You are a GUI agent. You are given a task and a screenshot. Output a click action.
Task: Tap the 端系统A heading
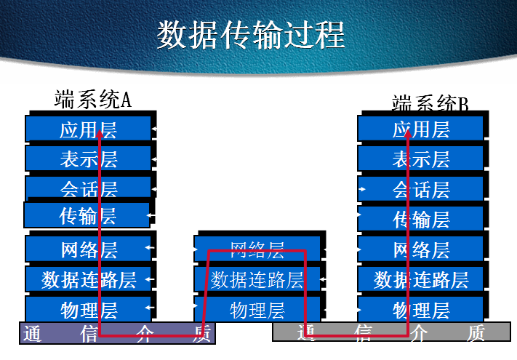92,99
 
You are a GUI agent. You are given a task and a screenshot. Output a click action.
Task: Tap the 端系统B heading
430,103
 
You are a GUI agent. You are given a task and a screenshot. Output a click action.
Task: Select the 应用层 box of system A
88,129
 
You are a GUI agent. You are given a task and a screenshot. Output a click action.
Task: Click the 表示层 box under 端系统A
88,159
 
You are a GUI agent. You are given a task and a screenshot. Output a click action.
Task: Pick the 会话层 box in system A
88,188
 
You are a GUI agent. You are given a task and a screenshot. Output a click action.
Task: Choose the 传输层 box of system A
87,215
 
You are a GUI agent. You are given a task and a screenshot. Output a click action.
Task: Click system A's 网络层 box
88,249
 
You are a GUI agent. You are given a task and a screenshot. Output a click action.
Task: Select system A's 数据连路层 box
88,279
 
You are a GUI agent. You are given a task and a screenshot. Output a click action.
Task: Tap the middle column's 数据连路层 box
257,279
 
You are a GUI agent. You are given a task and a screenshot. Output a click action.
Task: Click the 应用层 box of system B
420,129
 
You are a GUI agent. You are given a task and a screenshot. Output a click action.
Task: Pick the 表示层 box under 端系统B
420,159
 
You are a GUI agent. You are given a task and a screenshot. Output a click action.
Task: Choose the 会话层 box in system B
420,189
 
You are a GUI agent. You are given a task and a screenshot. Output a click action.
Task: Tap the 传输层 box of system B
420,219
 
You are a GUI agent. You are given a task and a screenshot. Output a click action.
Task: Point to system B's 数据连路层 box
420,279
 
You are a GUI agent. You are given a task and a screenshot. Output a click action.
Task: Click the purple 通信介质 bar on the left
116,334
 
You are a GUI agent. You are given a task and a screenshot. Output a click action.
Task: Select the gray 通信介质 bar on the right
391,333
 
